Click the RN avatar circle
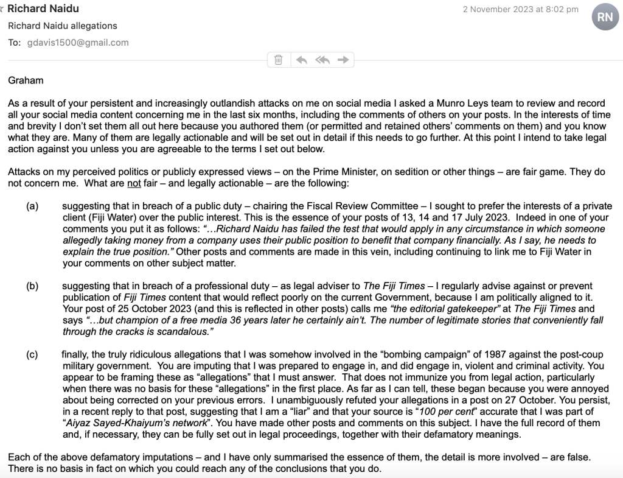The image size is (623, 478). coord(605,17)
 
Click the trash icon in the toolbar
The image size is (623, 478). coord(278,60)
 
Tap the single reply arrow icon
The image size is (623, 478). coord(301,60)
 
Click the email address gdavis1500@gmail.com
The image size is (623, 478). coord(78,43)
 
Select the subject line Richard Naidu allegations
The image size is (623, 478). coord(63,26)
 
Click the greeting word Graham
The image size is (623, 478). coord(26,80)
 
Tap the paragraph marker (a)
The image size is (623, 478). coord(32,206)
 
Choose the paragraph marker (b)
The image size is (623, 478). coord(32,286)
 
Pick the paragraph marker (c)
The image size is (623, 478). coord(32,354)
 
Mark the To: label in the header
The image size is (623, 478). coord(14,43)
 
